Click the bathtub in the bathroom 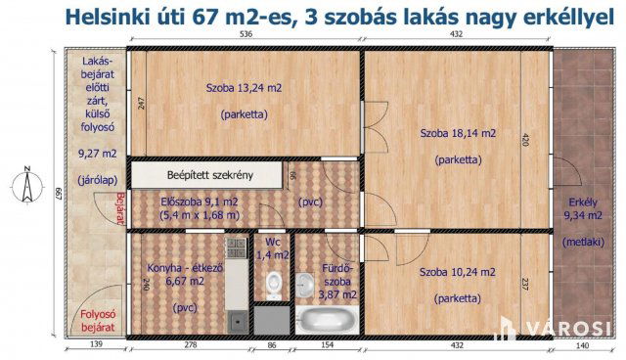[x=327, y=319]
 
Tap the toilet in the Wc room [x=275, y=283]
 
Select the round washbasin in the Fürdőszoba [x=308, y=277]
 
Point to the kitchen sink [x=236, y=319]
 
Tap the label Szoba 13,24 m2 [x=244, y=87]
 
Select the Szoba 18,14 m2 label [x=458, y=133]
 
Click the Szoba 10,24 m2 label [x=457, y=272]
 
